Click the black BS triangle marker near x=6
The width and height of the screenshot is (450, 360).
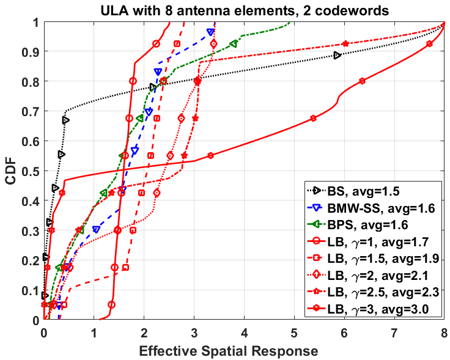337,56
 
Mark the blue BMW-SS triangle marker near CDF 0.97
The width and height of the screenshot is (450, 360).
211,32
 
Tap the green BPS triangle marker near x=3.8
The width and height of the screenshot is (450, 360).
234,44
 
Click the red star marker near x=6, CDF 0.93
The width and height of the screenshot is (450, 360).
345,44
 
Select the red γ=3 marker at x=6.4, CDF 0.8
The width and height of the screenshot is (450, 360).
363,81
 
